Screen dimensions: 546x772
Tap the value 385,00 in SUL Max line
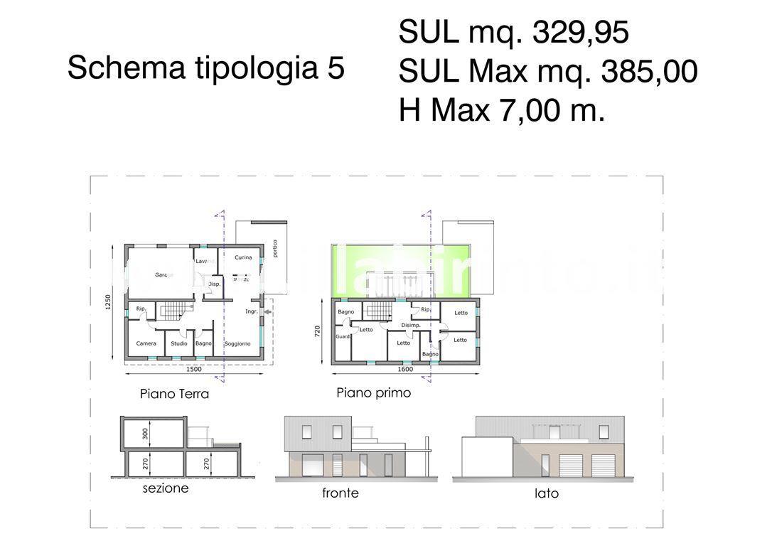[648, 72]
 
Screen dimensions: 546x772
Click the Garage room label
[164, 274]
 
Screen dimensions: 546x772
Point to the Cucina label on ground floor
[243, 257]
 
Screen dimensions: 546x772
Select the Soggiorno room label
[237, 343]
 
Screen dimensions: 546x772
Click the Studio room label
[178, 343]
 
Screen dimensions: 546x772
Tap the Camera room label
[146, 343]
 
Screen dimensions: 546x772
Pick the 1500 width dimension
[193, 369]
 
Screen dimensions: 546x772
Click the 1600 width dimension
[404, 369]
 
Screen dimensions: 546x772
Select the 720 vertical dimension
[318, 331]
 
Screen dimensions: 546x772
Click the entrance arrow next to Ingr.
[268, 311]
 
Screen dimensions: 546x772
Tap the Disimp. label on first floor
[411, 325]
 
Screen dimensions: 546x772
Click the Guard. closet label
[343, 336]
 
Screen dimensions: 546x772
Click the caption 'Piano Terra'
[174, 393]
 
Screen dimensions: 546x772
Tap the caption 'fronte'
[341, 493]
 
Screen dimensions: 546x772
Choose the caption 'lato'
[547, 493]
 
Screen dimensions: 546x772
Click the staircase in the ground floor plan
[175, 311]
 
